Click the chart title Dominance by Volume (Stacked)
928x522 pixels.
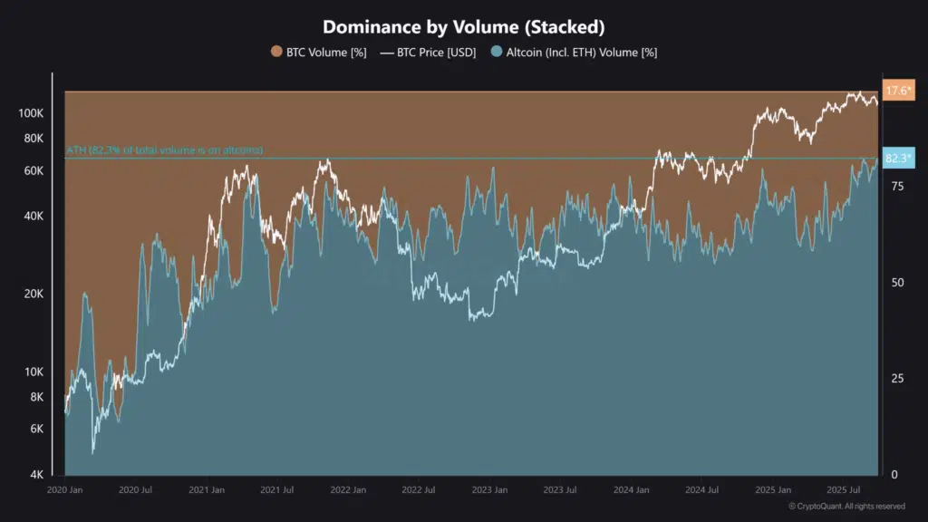pyautogui.click(x=463, y=27)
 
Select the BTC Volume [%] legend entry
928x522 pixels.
pyautogui.click(x=318, y=53)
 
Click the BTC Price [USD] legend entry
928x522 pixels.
pyautogui.click(x=430, y=53)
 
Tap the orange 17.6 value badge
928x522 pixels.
pyautogui.click(x=899, y=91)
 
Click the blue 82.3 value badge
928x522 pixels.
pyautogui.click(x=899, y=159)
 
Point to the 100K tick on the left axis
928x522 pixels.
pyautogui.click(x=31, y=113)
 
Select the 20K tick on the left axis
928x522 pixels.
pyautogui.click(x=34, y=295)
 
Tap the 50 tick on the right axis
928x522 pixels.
pyautogui.click(x=897, y=282)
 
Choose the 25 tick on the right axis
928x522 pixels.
pyautogui.click(x=897, y=378)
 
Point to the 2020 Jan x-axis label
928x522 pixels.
pyautogui.click(x=65, y=490)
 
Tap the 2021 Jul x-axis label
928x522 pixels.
pyautogui.click(x=276, y=490)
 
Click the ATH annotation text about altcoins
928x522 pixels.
pyautogui.click(x=164, y=150)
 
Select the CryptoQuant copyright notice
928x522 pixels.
pyautogui.click(x=846, y=507)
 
